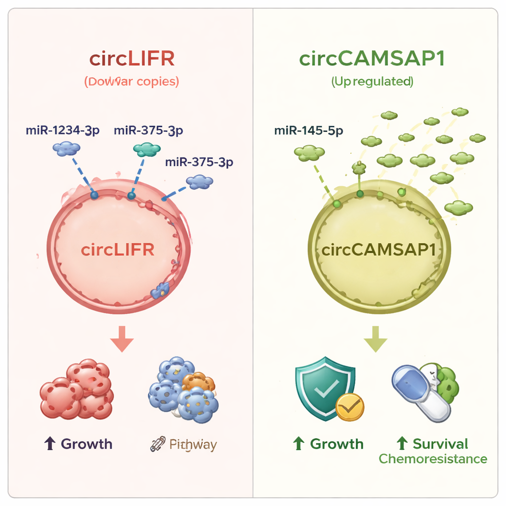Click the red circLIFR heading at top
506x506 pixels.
coord(132,59)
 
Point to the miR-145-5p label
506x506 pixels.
coord(308,130)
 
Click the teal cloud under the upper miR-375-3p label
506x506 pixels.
coord(147,149)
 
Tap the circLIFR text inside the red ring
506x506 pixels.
coord(118,250)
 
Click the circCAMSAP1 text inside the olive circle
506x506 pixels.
coord(379,250)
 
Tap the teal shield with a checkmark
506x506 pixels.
coord(324,390)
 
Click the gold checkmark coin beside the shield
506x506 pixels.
coord(350,406)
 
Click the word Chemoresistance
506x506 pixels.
coord(433,459)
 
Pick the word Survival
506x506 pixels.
coord(440,444)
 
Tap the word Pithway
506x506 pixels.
coord(193,444)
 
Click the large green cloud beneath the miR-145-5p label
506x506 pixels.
coord(309,153)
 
